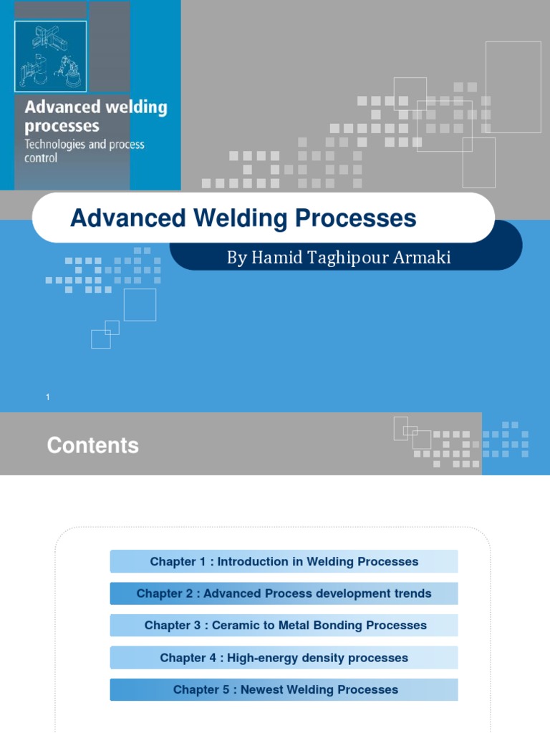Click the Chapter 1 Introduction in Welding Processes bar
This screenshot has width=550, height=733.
click(x=284, y=562)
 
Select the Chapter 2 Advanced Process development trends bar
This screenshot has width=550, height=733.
click(x=284, y=593)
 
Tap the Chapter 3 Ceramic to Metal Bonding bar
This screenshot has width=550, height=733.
click(x=284, y=626)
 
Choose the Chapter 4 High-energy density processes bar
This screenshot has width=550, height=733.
click(x=284, y=658)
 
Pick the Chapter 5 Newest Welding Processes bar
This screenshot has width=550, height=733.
click(x=284, y=690)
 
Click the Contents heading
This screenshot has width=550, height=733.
click(x=92, y=445)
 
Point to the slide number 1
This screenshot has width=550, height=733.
click(x=48, y=397)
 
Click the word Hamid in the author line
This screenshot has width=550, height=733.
click(x=276, y=258)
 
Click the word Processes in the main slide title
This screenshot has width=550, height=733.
click(x=358, y=218)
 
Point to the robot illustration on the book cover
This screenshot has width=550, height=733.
click(x=50, y=56)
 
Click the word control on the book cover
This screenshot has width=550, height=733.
click(x=41, y=158)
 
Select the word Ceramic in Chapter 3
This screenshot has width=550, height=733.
click(x=227, y=626)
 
